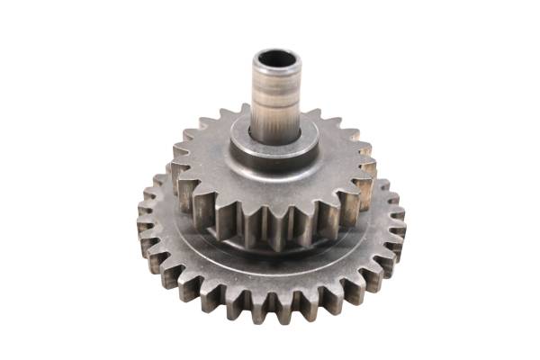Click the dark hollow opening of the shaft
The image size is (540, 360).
point(275,63)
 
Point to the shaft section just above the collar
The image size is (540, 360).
point(275,126)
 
